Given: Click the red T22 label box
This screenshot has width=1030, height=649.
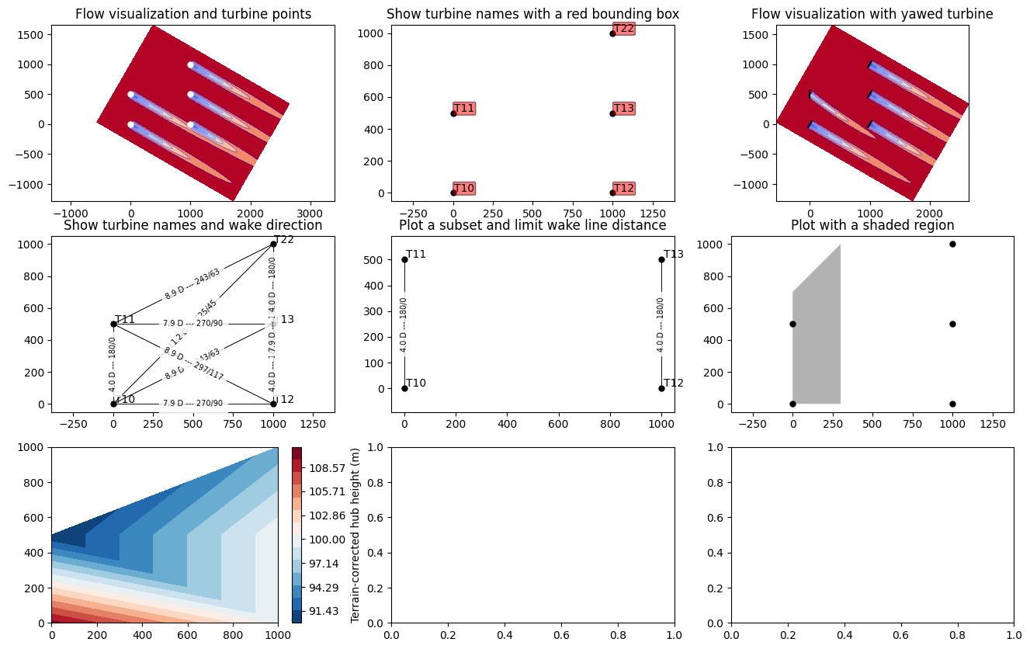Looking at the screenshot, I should [624, 29].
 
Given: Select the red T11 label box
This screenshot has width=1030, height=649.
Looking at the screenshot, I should [464, 109].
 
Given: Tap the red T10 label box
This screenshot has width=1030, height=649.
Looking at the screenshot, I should [464, 189].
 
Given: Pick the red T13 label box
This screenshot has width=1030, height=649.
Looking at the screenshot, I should [624, 109].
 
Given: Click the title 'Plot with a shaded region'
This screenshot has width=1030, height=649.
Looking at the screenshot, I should [872, 226].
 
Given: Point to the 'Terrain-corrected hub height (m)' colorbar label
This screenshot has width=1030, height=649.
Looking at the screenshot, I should [355, 536].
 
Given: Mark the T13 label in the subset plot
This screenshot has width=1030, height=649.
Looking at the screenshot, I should [674, 255].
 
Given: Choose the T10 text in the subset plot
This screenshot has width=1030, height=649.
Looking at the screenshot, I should [416, 383].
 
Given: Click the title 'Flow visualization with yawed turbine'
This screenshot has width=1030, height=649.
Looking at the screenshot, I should [872, 14].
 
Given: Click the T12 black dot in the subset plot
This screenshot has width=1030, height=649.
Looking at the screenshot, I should [661, 388].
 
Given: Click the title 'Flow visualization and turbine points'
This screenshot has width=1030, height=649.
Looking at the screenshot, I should [193, 14].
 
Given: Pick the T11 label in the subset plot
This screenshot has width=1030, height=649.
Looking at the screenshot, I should [416, 255].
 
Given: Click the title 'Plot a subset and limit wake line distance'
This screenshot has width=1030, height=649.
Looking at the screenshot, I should [532, 226].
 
